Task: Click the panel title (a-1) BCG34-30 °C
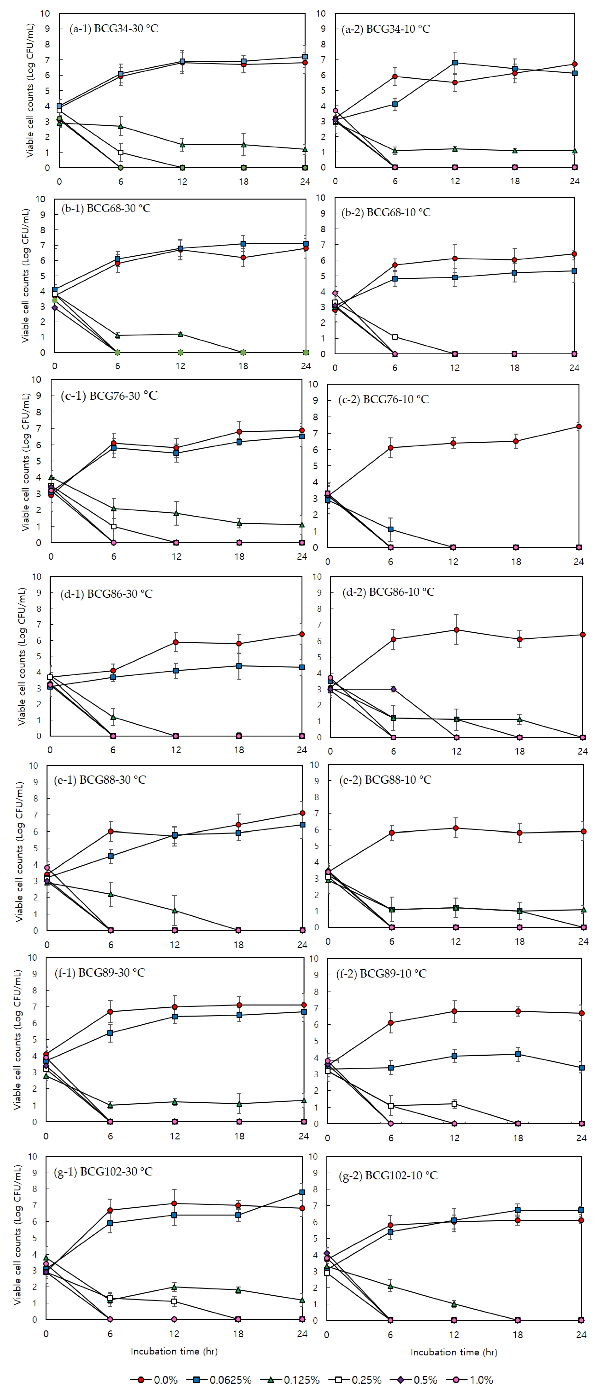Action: pyautogui.click(x=114, y=28)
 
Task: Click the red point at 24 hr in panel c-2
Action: pyautogui.click(x=579, y=427)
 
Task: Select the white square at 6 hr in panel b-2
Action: pyautogui.click(x=395, y=337)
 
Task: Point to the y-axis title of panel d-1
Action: pyautogui.click(x=22, y=656)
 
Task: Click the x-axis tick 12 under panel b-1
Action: pyautogui.click(x=180, y=366)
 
